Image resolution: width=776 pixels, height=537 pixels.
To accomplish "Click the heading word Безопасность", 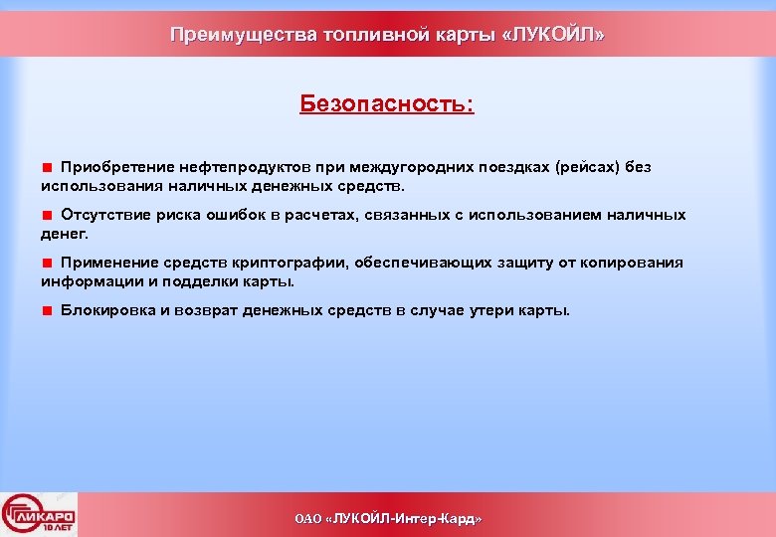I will click(386, 104).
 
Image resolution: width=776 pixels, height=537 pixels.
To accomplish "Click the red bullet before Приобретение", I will click(47, 167).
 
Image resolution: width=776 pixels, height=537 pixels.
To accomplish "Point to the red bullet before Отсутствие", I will click(47, 215).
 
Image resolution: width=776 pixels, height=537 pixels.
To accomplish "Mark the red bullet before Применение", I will click(47, 263).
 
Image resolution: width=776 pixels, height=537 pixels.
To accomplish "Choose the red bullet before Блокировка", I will click(47, 310).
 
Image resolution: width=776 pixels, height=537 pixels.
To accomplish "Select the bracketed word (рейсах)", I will click(587, 167).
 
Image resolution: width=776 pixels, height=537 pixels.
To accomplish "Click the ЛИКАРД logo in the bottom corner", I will click(39, 514).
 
